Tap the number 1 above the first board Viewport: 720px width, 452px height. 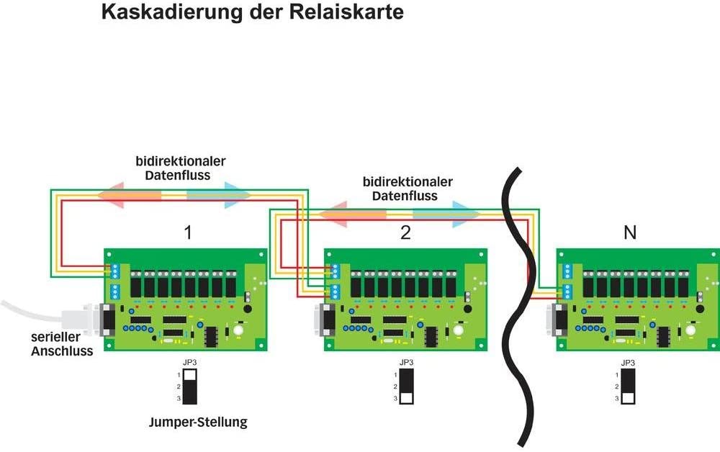tap(188, 233)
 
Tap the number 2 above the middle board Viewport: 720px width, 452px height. tap(406, 233)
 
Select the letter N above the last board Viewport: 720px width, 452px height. tap(630, 233)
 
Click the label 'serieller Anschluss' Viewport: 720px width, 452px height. tap(61, 344)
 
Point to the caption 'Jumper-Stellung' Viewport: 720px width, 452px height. tap(198, 422)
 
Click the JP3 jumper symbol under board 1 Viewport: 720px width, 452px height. tap(190, 386)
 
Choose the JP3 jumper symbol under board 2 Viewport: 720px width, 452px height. tap(407, 386)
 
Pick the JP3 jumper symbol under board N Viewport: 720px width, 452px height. tap(629, 386)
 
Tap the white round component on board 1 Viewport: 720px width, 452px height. tap(237, 330)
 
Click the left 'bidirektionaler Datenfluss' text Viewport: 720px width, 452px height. tap(180, 168)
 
